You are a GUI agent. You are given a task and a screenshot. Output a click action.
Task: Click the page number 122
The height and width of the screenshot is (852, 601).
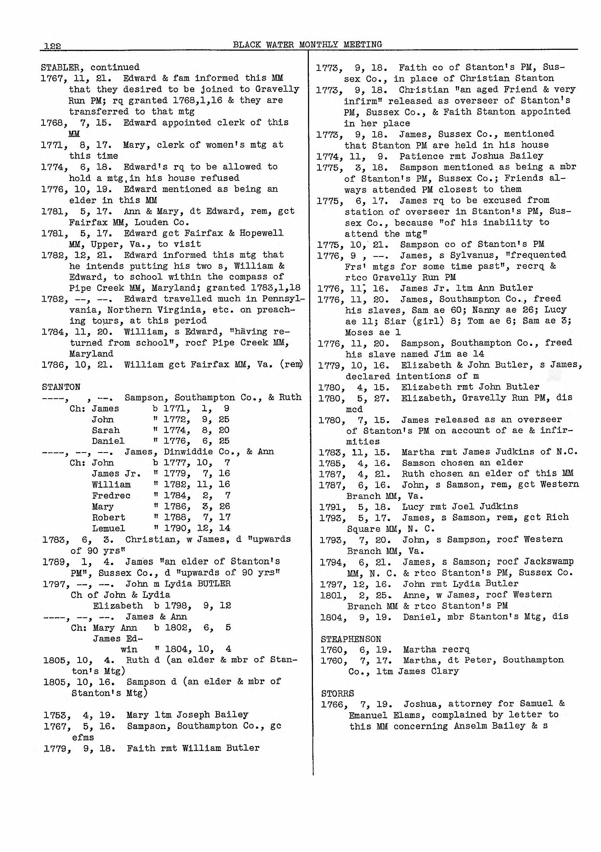tap(52, 46)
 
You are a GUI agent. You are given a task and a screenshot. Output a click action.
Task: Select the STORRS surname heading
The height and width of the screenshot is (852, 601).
tap(337, 693)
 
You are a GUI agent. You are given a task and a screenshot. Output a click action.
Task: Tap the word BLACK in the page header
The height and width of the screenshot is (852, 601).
tap(247, 45)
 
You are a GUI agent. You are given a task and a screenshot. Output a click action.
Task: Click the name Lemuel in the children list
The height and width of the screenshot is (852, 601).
tap(108, 528)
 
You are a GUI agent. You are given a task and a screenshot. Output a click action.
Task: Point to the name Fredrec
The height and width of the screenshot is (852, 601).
tap(111, 495)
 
